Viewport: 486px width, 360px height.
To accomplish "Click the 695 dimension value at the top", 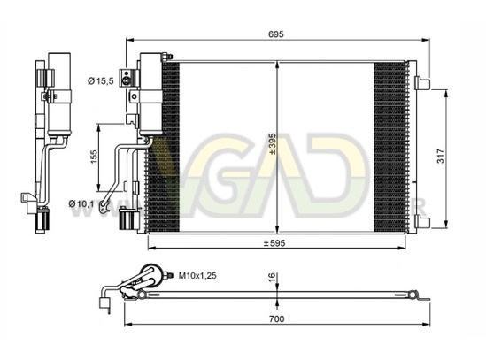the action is coord(276,34).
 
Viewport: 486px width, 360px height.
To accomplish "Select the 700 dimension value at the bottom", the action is coord(277,318).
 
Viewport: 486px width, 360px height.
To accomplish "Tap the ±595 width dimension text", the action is coord(274,243).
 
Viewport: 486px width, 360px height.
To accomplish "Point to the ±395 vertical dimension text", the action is coord(273,144).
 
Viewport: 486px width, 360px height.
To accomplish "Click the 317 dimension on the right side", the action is coord(440,157).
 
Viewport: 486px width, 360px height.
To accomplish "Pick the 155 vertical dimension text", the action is coord(94,157).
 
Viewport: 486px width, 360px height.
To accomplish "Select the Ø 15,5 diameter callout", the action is coord(101,81).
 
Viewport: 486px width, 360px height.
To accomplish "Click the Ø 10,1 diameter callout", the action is coord(81,203).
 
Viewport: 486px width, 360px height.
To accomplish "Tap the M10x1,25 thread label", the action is coord(197,275).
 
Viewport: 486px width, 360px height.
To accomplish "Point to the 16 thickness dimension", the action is coord(272,277).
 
